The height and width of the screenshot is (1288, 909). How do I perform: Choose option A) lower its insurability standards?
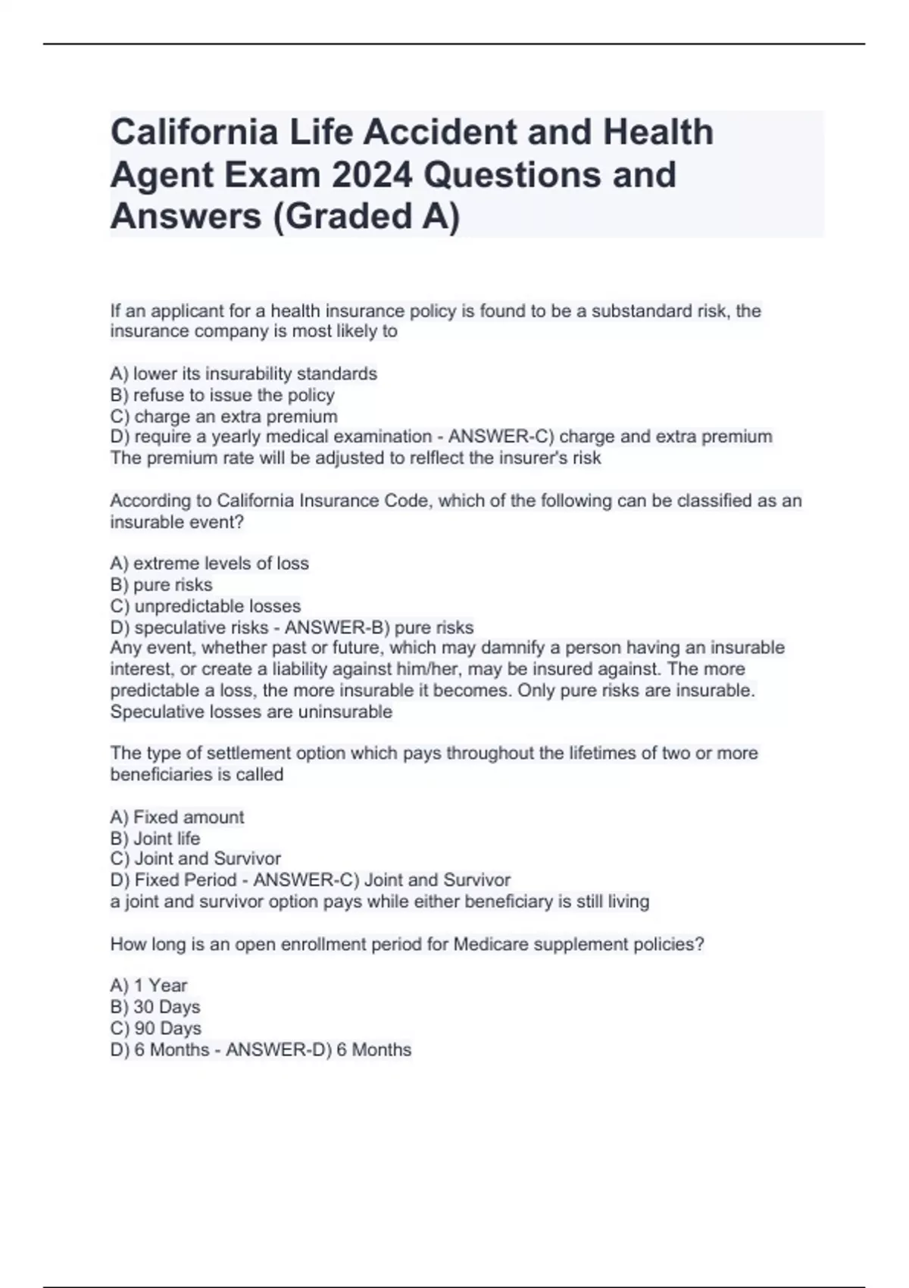pos(243,374)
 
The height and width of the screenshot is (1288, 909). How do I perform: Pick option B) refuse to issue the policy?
pos(222,395)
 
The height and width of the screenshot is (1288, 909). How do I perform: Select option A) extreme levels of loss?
pos(209,563)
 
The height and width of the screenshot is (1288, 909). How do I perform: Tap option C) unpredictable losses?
pos(205,606)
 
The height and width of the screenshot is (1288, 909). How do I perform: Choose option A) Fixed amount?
pos(177,817)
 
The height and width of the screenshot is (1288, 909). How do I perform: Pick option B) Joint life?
pos(155,838)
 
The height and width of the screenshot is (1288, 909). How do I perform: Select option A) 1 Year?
pos(148,985)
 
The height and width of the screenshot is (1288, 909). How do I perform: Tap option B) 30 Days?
pos(155,1007)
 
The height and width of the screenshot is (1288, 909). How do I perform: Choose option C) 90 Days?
pos(156,1028)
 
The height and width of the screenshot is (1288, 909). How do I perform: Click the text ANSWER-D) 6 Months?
pos(318,1049)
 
